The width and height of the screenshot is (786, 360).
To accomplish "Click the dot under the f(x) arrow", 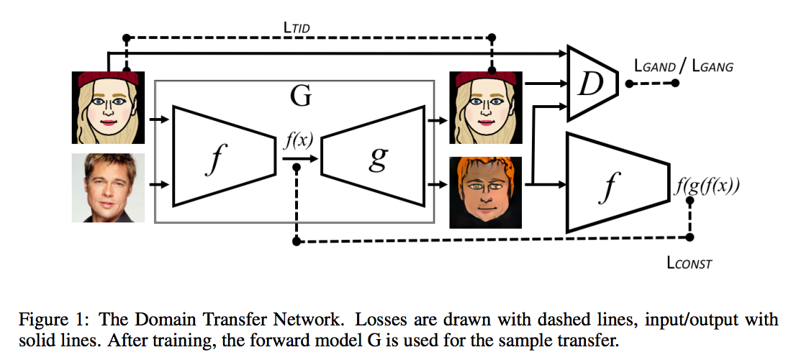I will [297, 168].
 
